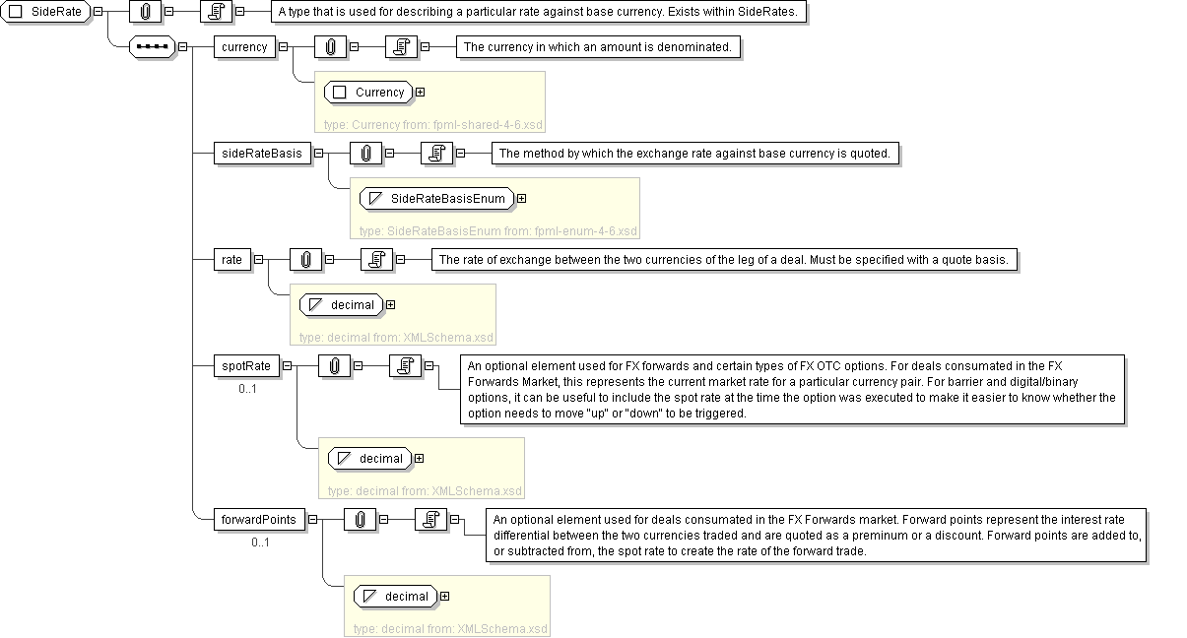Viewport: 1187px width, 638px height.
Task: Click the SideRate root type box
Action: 46,12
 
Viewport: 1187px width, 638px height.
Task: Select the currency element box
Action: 244,46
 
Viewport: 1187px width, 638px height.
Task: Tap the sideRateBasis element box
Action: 261,154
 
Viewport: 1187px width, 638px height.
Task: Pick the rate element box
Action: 231,260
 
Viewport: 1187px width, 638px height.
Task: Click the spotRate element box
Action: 245,366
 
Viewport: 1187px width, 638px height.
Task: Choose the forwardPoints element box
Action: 258,520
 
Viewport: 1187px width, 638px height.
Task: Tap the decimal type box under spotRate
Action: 370,459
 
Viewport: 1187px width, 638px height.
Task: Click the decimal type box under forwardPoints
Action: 396,597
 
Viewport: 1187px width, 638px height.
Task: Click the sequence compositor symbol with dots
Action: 152,46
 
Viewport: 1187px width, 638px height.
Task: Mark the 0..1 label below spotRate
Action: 247,389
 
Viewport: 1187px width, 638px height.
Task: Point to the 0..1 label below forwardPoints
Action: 260,542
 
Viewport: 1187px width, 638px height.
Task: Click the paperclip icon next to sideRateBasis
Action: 366,154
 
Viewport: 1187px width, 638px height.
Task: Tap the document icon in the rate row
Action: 376,260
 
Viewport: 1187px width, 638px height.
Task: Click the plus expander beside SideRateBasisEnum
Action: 522,199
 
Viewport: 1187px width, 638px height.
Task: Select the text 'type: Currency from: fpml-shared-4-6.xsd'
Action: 433,125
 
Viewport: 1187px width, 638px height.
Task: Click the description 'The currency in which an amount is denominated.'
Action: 597,46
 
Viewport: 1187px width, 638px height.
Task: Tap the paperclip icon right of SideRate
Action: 145,12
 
